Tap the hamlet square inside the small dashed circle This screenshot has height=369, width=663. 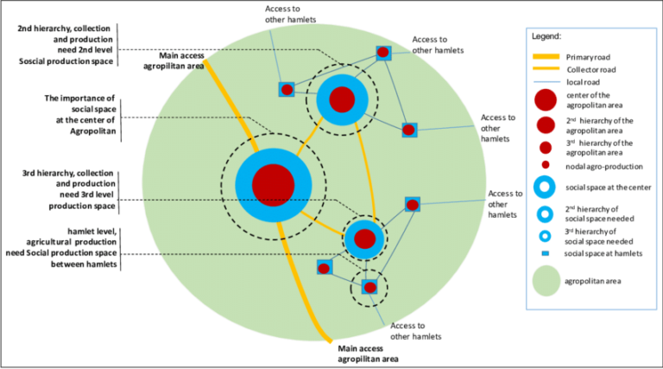coord(370,287)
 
